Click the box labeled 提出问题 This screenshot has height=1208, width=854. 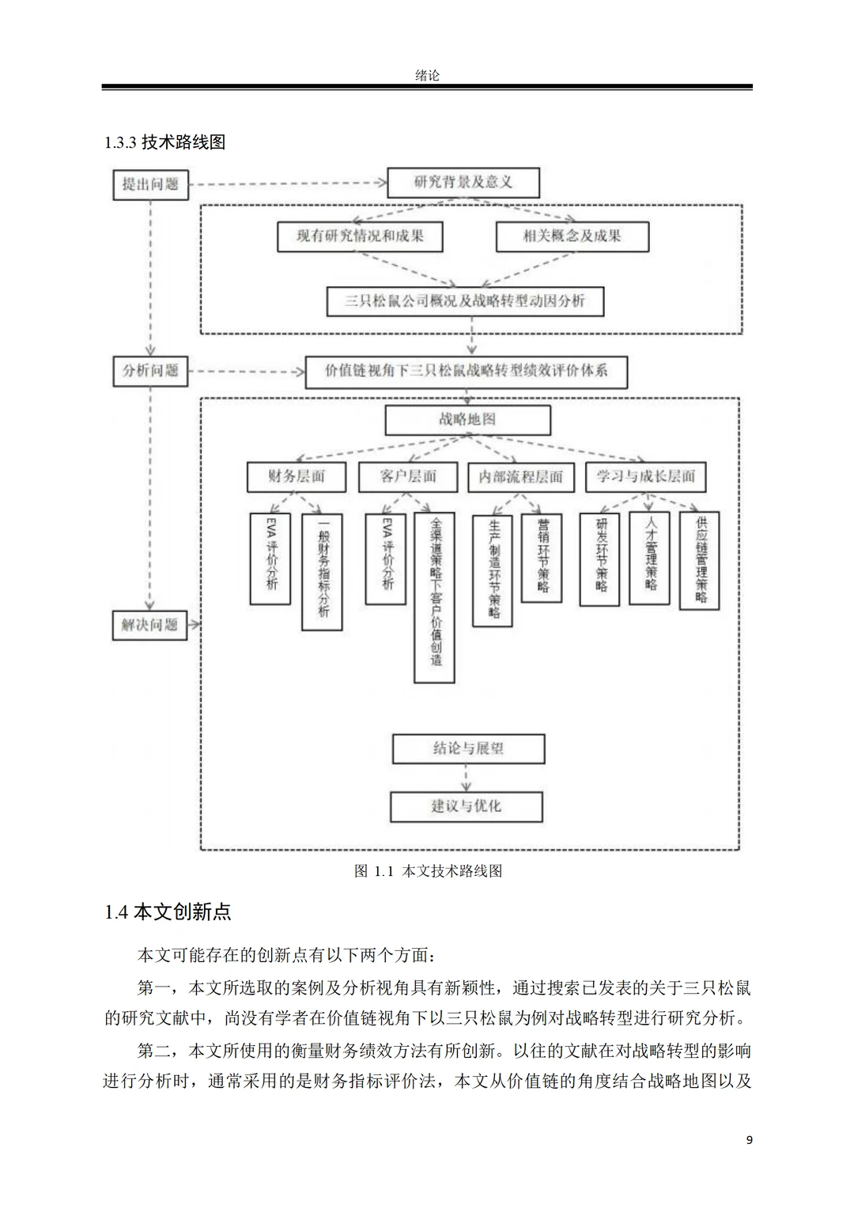150,184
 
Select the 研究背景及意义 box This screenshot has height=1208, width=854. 463,183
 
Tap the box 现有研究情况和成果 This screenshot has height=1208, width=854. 360,236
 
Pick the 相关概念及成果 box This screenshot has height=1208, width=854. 572,236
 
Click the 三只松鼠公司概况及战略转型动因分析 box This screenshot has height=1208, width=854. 465,301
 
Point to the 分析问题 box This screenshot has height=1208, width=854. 150,370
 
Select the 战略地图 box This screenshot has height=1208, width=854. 467,420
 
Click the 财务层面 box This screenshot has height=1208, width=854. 296,476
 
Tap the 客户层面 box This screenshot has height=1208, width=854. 408,476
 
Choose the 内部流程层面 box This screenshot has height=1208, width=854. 520,477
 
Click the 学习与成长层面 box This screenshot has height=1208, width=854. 645,476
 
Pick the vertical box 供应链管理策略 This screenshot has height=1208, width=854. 700,560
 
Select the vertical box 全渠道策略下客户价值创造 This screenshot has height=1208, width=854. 434,598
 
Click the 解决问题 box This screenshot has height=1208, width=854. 150,625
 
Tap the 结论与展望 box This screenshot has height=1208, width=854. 468,748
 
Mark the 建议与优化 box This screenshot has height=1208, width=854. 466,806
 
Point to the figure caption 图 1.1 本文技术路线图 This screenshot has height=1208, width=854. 428,871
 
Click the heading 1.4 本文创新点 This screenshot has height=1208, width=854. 168,912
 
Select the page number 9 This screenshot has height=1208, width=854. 749,1139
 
